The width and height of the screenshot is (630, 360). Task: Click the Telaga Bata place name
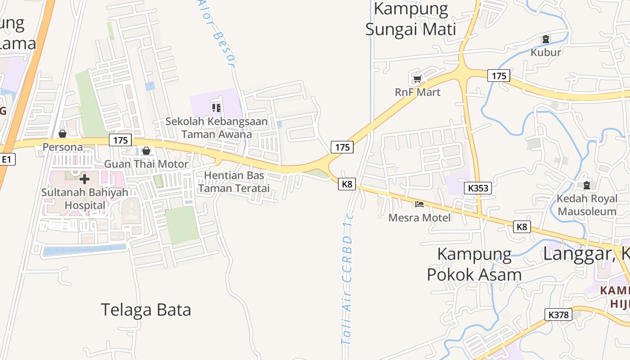(146, 310)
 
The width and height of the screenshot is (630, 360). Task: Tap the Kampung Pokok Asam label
(474, 265)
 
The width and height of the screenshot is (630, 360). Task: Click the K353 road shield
(477, 188)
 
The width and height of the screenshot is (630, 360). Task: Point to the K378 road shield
(558, 315)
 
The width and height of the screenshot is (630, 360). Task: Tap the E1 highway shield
(7, 159)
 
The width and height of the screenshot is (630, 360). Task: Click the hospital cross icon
(84, 179)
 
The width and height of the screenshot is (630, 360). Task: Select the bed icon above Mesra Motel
(419, 204)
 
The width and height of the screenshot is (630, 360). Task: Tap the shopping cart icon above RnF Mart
(417, 79)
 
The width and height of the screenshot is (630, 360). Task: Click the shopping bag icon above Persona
(63, 134)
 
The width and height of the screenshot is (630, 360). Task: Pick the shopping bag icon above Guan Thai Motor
(146, 151)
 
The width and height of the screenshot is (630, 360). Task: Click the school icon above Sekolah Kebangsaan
(216, 108)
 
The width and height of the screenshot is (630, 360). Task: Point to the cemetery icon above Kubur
(546, 39)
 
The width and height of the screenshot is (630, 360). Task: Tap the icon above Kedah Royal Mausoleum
(586, 185)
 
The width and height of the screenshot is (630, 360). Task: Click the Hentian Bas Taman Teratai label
(234, 182)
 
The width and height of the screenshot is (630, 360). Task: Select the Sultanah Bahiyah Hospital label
(85, 199)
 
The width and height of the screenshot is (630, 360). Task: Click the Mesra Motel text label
(419, 218)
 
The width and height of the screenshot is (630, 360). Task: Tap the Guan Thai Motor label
(146, 164)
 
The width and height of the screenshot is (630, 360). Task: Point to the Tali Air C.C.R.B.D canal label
(347, 279)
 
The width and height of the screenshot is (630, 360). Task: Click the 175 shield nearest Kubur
(499, 76)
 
